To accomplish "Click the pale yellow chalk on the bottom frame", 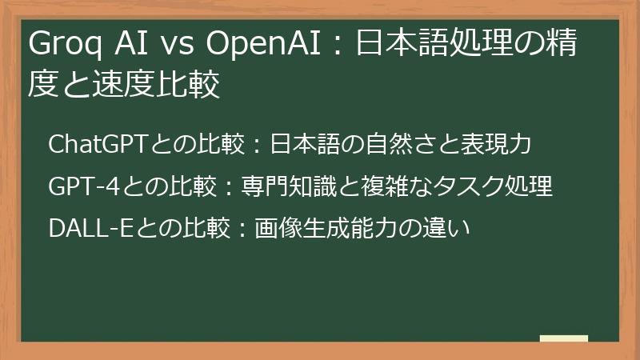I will pos(563,338).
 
